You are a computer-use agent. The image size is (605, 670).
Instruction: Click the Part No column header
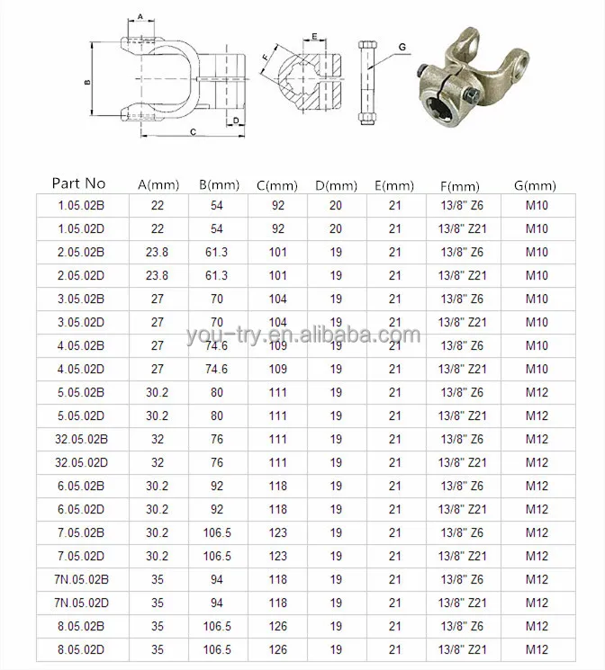[78, 183]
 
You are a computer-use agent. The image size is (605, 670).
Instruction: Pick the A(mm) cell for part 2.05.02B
[158, 252]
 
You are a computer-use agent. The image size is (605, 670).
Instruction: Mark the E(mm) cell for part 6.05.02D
[394, 509]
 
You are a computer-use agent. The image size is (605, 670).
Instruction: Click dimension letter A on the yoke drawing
[141, 16]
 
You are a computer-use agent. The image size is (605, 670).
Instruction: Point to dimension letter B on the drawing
[87, 83]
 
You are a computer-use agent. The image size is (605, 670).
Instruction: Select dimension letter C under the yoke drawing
[194, 131]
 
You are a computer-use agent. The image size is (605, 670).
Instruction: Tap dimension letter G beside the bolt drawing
[402, 47]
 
